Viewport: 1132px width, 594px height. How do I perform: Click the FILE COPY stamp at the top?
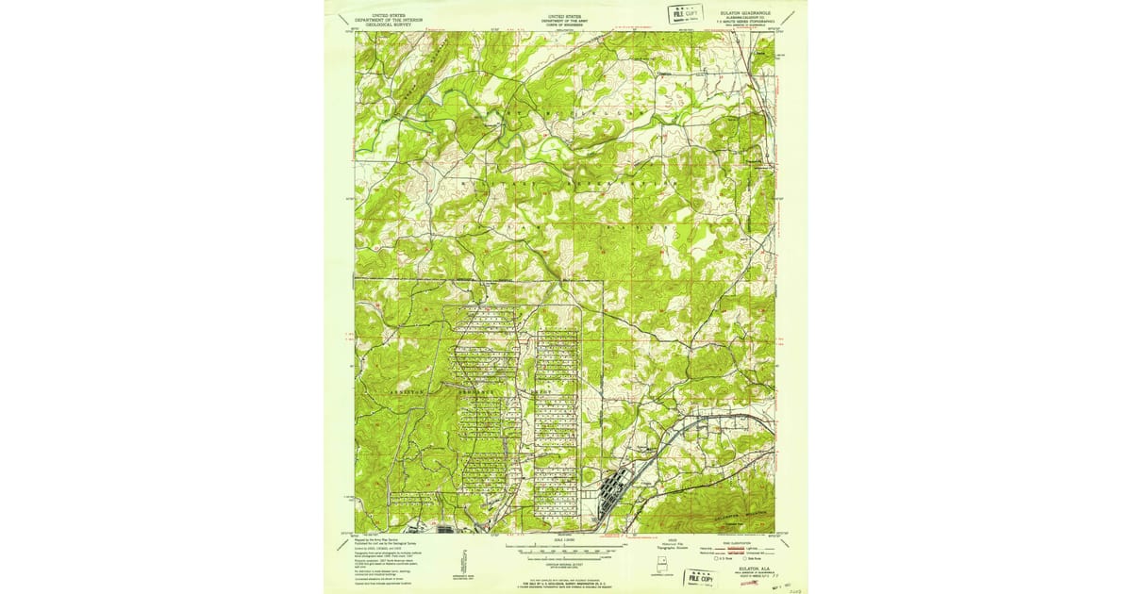[x=687, y=13]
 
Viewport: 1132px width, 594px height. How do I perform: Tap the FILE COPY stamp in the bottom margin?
[x=701, y=574]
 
